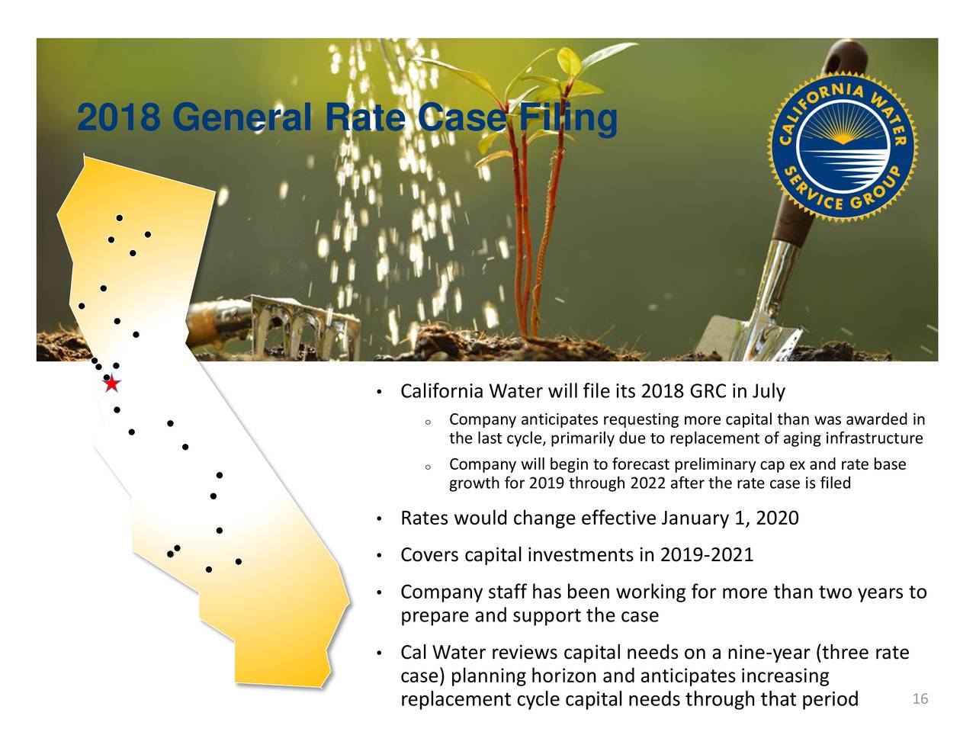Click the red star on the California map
(112, 384)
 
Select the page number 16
(920, 700)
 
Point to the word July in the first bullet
(768, 392)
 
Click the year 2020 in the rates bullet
(778, 518)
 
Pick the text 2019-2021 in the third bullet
(710, 555)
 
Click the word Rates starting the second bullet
(425, 518)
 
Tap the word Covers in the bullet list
(429, 555)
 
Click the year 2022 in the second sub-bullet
(647, 483)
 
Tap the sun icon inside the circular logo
(843, 137)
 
